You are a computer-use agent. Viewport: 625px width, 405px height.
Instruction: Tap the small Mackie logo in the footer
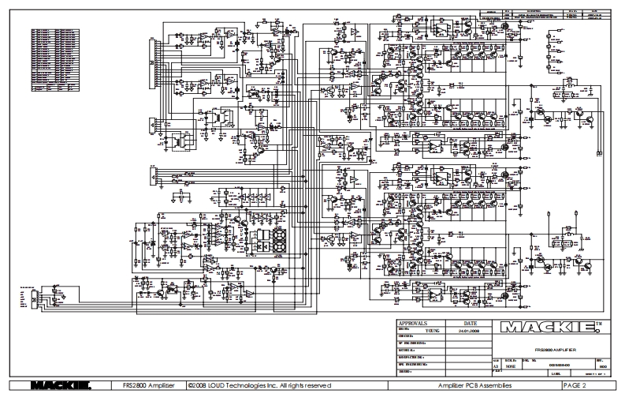(x=62, y=385)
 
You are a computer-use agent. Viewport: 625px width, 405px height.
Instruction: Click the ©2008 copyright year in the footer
(x=198, y=385)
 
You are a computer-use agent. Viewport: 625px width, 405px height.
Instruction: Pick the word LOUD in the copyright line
(x=221, y=385)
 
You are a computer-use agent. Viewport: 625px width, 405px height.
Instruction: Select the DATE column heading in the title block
(x=471, y=324)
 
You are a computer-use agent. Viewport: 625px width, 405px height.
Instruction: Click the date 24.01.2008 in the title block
(x=471, y=331)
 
